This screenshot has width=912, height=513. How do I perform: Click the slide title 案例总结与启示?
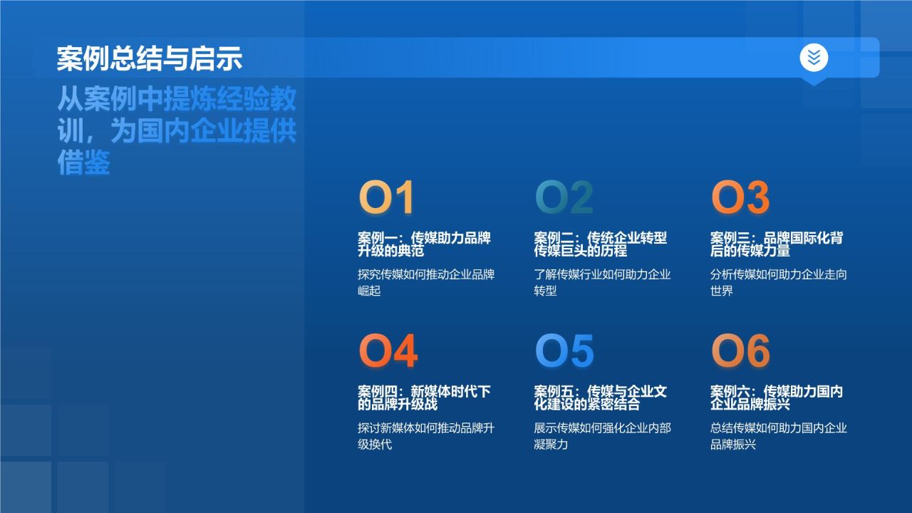tap(150, 58)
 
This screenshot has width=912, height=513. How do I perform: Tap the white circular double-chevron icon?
tap(814, 57)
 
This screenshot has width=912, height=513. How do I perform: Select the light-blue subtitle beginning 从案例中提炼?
tap(177, 132)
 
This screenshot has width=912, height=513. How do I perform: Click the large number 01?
tap(386, 198)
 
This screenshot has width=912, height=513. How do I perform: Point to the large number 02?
tap(564, 198)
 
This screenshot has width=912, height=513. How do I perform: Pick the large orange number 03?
tap(740, 198)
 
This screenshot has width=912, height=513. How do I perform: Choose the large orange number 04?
tap(388, 351)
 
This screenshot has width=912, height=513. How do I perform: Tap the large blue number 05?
tap(564, 351)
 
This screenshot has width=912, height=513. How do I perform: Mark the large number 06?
tap(741, 351)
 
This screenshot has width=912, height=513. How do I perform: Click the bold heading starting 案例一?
tap(424, 244)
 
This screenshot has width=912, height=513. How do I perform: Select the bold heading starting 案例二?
tap(601, 244)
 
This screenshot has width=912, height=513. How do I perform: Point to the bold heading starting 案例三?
tap(777, 244)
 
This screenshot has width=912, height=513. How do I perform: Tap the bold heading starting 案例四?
tap(424, 398)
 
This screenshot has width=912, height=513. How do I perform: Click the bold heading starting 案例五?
tap(601, 398)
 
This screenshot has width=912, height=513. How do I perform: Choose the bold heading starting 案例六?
tap(777, 398)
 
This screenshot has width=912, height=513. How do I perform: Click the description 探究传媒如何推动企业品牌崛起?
tap(426, 283)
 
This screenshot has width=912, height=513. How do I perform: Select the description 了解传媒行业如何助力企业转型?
tap(602, 283)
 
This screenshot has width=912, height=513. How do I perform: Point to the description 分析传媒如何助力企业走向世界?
tap(779, 283)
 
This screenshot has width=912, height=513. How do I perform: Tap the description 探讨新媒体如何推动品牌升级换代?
tap(426, 436)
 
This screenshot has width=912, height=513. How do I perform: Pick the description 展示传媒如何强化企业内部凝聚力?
tap(602, 436)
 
